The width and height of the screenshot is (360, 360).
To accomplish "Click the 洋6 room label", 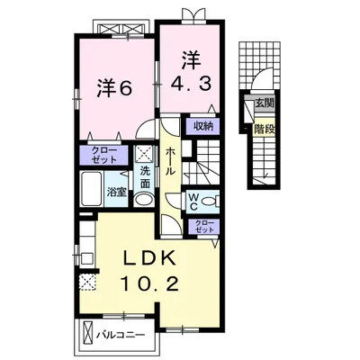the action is tap(114, 88).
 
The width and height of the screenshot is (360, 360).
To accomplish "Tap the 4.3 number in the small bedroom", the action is tap(192, 84).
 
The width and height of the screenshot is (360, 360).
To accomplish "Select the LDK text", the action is tap(150, 258).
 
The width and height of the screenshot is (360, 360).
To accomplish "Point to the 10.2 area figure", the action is tap(150, 283).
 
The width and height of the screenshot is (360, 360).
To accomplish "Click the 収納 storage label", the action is tap(203, 126).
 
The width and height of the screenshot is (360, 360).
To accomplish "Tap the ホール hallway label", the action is tap(170, 161).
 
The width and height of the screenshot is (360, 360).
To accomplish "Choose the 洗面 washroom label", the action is tap(146, 177).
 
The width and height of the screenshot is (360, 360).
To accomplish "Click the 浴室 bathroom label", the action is tap(117, 193).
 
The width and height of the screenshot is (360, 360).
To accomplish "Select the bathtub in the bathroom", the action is tap(91, 189).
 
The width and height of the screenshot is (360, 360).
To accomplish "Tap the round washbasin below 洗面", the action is tap(143, 200).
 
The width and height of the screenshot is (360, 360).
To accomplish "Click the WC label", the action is tap(193, 202).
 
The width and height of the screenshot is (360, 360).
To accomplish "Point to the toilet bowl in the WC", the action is tap(210, 201).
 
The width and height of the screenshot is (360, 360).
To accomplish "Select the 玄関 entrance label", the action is tap(265, 103).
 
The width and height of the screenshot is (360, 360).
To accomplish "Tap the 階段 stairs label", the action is tap(265, 130).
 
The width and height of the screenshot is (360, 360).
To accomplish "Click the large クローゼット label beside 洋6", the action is tap(103, 155).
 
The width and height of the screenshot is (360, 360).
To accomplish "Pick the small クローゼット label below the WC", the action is tap(204, 227).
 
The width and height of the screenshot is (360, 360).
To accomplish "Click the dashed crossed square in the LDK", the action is tap(87, 282).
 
